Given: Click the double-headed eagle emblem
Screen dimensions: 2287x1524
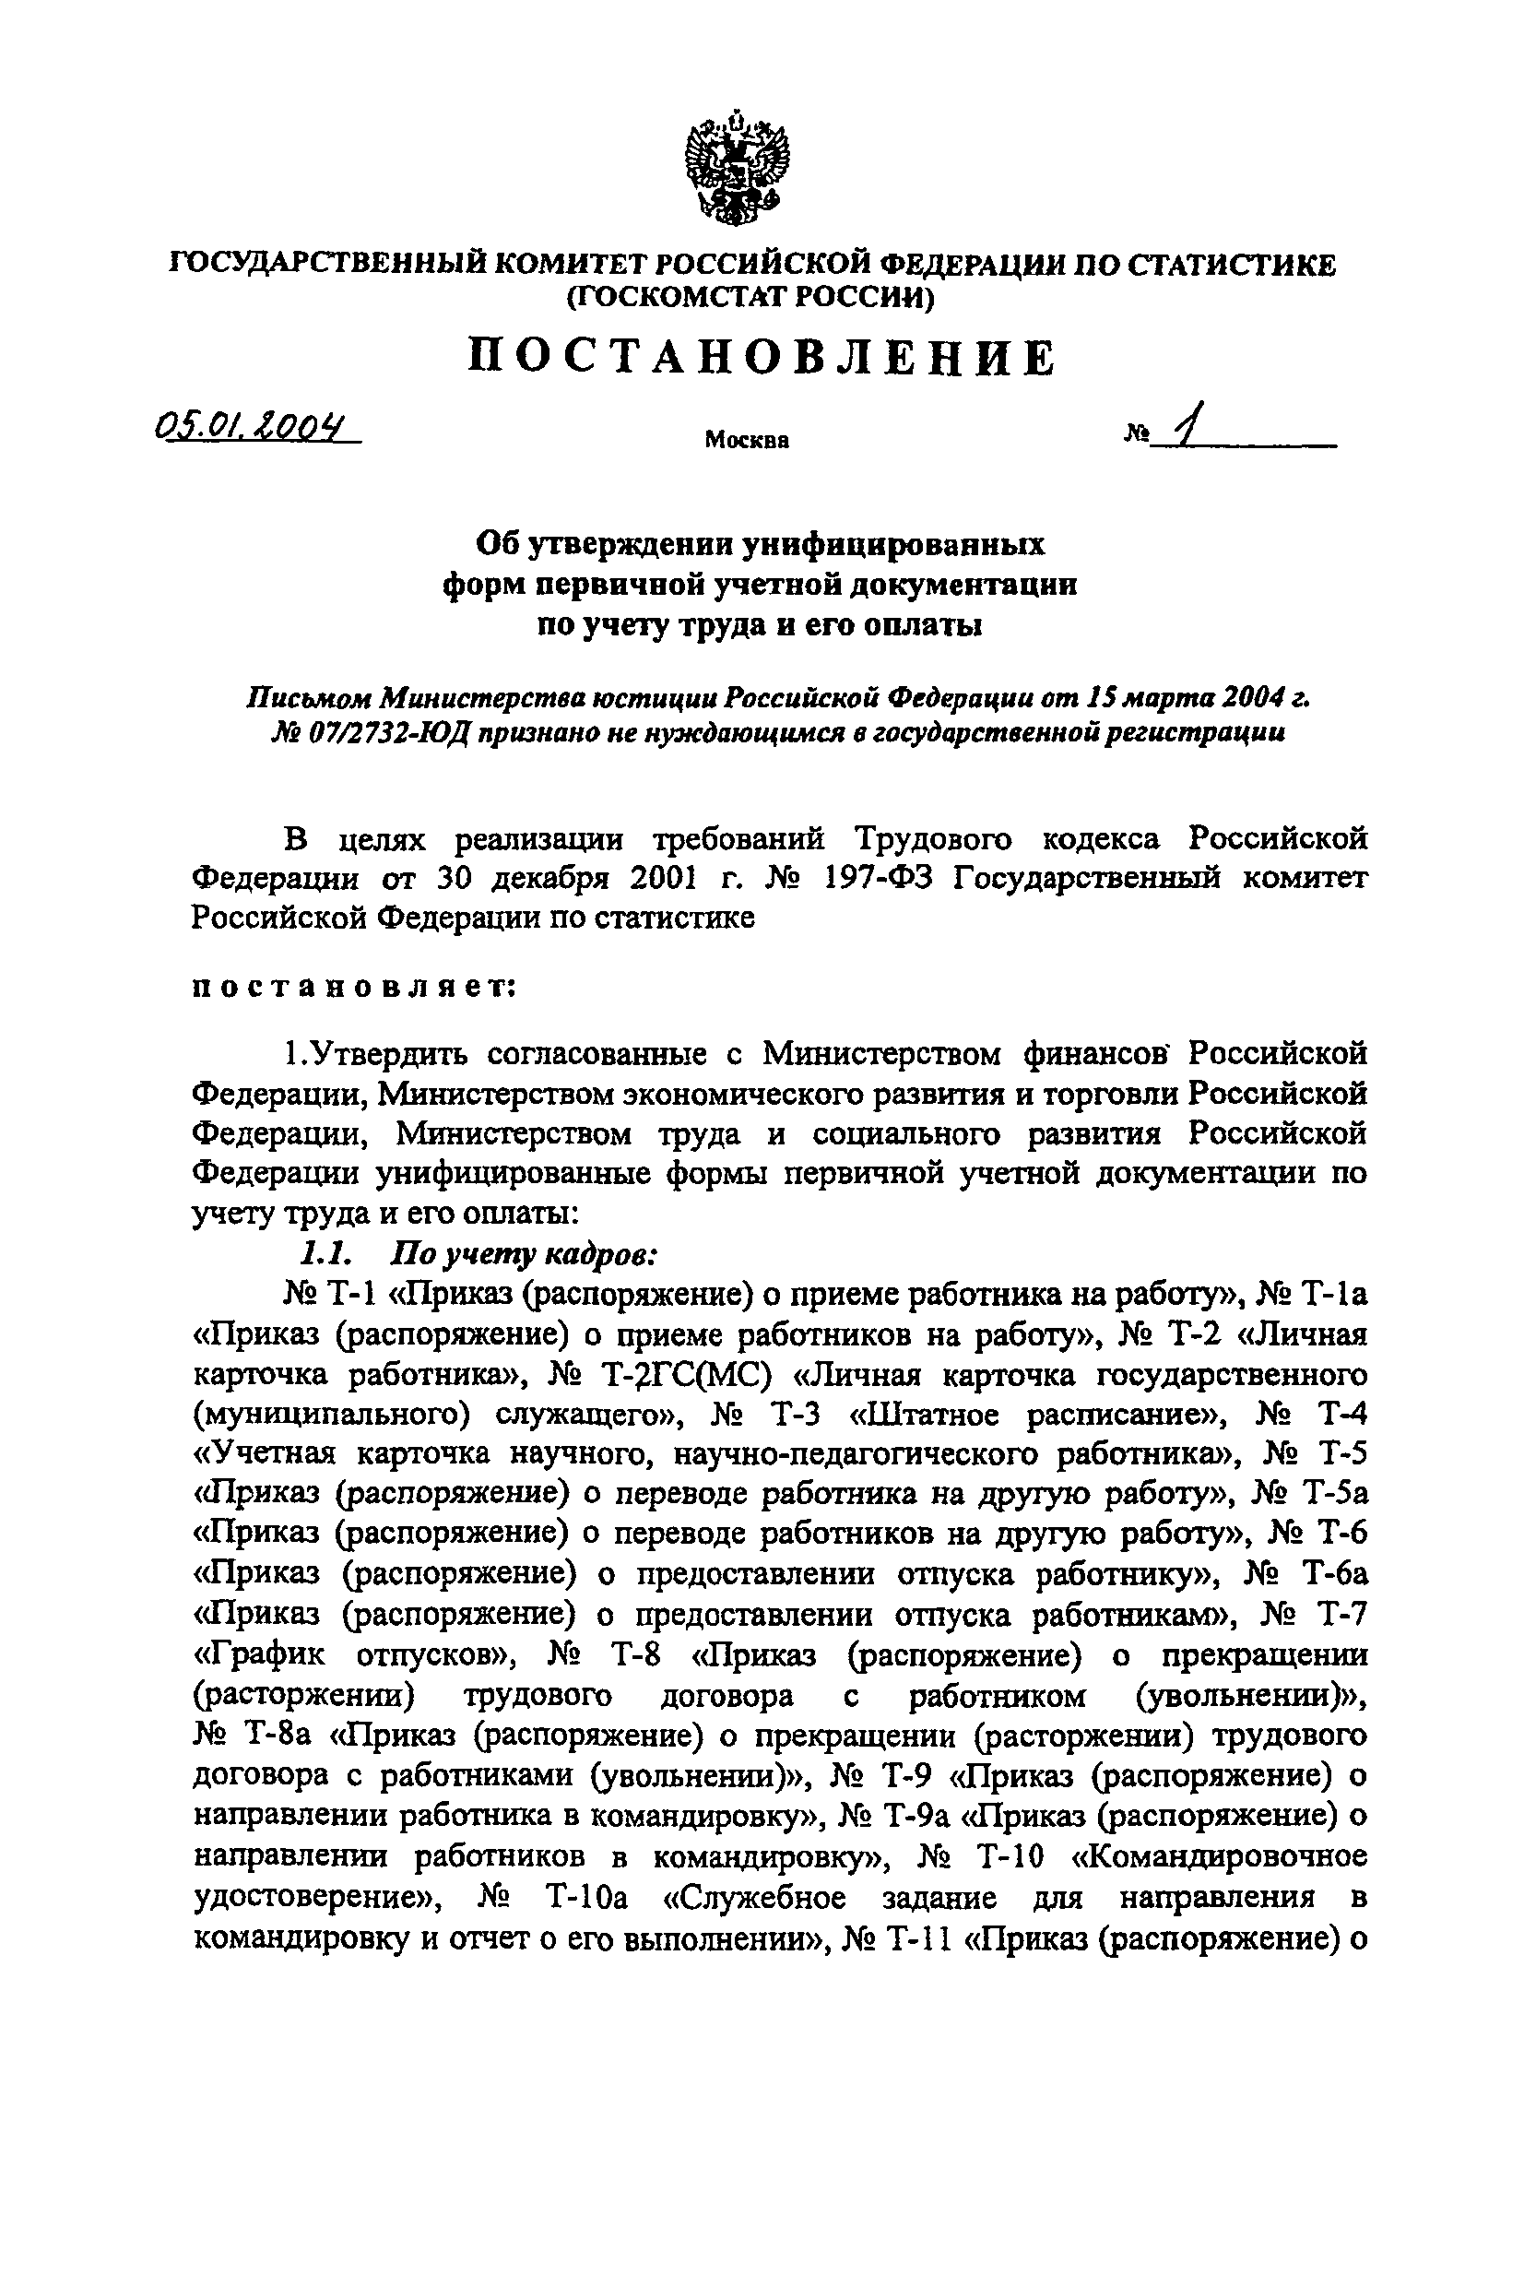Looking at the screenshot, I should pos(737,166).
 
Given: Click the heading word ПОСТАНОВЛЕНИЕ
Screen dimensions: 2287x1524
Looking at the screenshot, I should pos(761,358).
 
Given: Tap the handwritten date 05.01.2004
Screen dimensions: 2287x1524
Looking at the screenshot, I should pos(254,427).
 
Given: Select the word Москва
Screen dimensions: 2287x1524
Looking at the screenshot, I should pos(747,440).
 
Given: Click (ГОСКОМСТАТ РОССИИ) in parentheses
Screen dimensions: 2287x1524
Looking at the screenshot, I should pos(750,298).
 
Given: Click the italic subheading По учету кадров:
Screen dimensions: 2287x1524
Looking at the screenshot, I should pos(525,1255).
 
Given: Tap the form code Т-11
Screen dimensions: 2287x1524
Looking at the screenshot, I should pos(907,1937).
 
